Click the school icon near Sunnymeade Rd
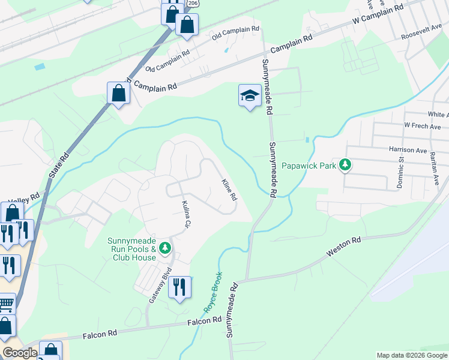(250, 96)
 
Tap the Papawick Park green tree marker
(345, 164)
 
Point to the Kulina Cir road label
(187, 217)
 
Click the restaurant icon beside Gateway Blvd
(179, 288)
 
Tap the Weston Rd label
(343, 247)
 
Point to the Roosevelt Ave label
(424, 33)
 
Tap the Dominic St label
(400, 173)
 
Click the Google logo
(20, 353)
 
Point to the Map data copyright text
(411, 355)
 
